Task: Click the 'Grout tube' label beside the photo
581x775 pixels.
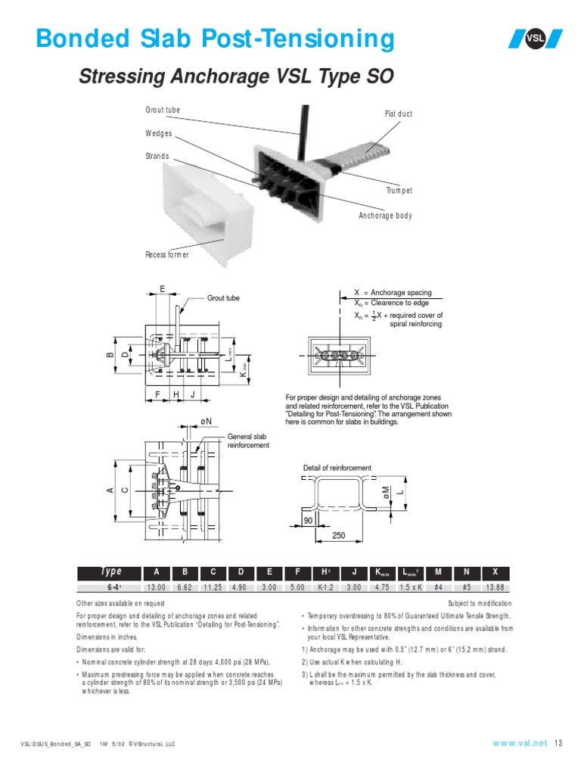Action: (x=163, y=110)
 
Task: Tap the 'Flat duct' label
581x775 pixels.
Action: (x=399, y=114)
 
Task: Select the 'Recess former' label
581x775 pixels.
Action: (x=167, y=255)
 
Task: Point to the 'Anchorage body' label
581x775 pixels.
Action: (x=385, y=216)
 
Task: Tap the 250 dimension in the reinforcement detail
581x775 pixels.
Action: (x=338, y=536)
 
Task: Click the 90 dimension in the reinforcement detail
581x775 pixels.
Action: (x=309, y=521)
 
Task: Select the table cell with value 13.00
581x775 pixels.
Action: (x=157, y=587)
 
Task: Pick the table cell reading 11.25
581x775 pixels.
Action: (x=213, y=587)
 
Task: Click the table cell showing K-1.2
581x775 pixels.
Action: (x=326, y=587)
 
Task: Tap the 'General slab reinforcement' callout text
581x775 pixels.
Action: (x=248, y=441)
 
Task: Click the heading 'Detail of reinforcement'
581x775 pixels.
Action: (x=337, y=468)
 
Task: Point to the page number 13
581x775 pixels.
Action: (x=559, y=743)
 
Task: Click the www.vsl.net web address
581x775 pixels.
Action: (x=519, y=743)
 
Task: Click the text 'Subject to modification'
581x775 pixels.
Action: (x=479, y=603)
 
